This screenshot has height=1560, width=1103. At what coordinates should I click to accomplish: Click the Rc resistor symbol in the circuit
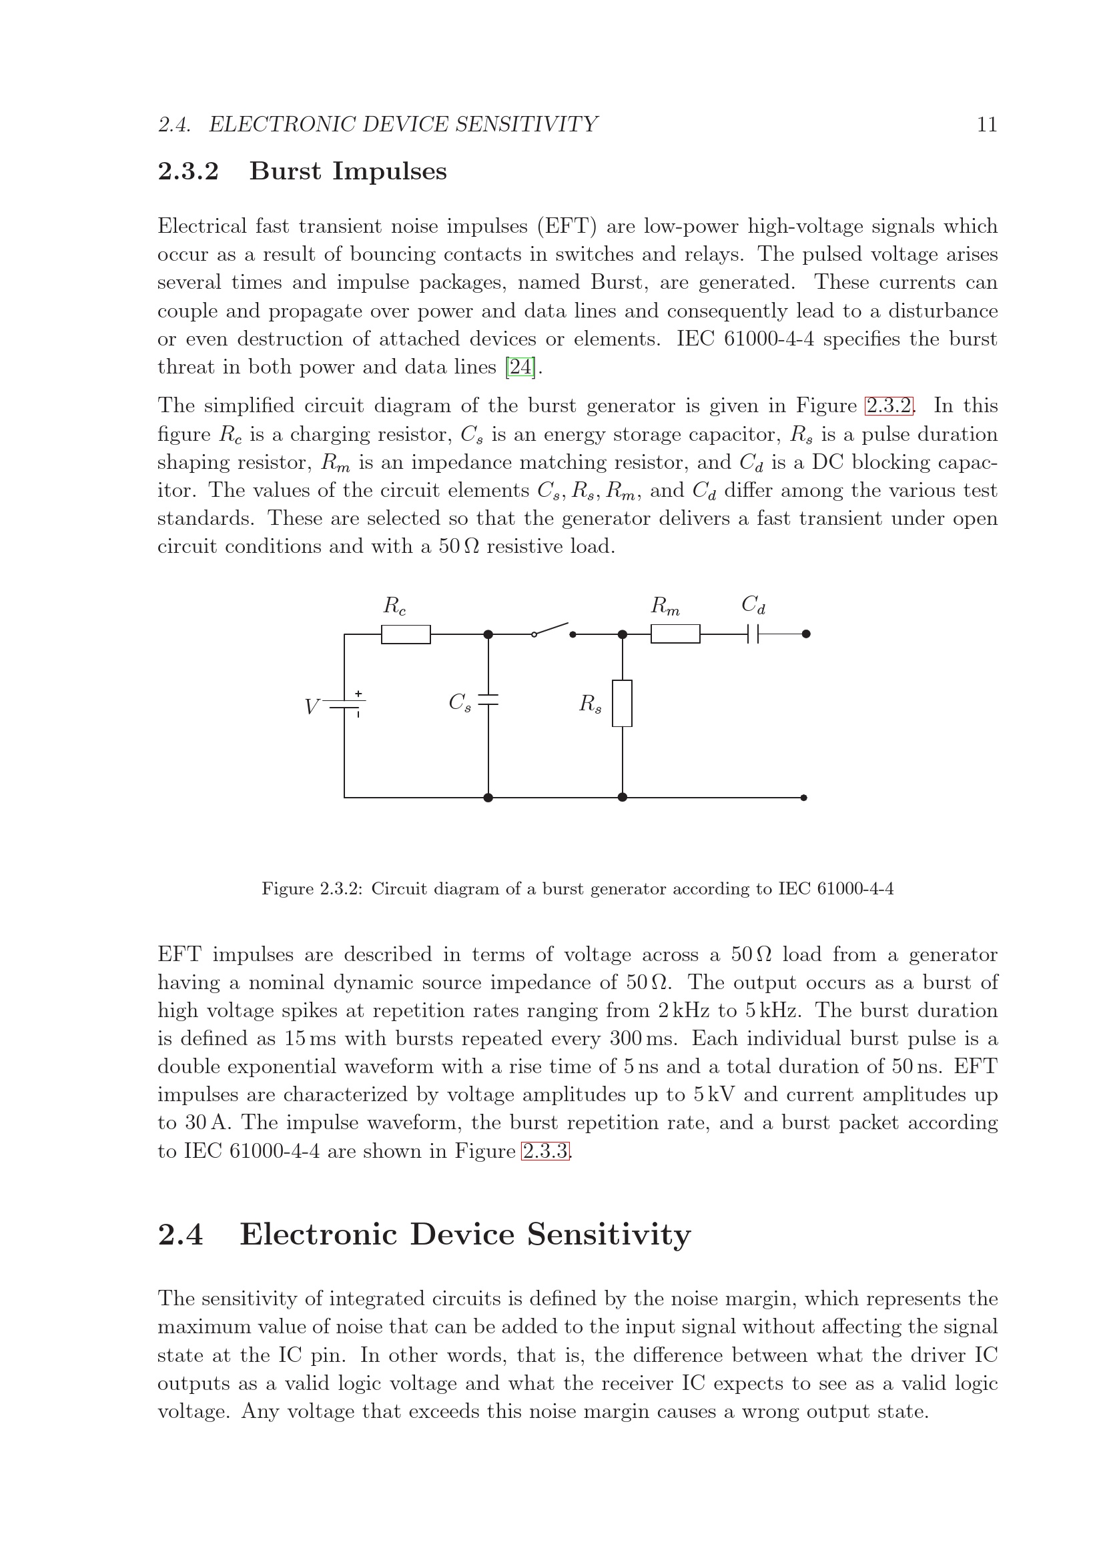405,634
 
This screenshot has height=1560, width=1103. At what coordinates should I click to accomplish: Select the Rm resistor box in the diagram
675,634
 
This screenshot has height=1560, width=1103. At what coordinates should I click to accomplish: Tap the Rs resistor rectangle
622,703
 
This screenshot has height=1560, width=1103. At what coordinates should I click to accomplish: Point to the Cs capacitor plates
488,700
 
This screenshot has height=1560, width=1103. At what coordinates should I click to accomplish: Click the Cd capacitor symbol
752,634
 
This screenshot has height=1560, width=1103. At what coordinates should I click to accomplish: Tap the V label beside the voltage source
311,707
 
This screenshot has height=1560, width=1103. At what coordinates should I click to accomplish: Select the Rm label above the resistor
665,606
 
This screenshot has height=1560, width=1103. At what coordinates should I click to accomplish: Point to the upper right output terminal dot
806,634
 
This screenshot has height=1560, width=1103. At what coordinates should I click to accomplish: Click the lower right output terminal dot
804,798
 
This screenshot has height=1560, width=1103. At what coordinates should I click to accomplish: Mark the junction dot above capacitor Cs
488,634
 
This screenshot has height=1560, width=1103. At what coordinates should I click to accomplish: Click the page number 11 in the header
987,125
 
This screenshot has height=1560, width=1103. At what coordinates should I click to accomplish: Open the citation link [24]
520,367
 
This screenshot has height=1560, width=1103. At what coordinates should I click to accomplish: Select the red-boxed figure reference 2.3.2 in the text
889,406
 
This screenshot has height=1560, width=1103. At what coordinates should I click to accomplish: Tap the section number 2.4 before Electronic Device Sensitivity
181,1235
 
